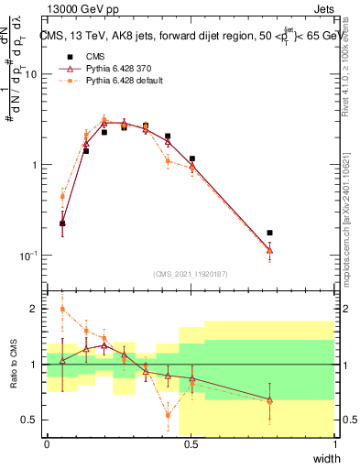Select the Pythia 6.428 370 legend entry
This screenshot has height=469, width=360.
click(x=117, y=69)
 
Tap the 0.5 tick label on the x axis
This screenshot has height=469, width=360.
click(x=191, y=444)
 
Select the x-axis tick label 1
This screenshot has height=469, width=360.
click(x=334, y=444)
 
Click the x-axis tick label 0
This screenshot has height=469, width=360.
click(x=47, y=444)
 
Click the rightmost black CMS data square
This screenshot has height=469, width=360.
click(x=269, y=234)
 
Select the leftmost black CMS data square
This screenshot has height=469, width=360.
click(x=62, y=223)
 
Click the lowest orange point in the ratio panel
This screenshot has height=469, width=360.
click(x=168, y=414)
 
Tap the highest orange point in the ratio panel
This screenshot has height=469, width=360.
click(x=62, y=309)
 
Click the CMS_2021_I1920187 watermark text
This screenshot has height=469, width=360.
click(x=191, y=274)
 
